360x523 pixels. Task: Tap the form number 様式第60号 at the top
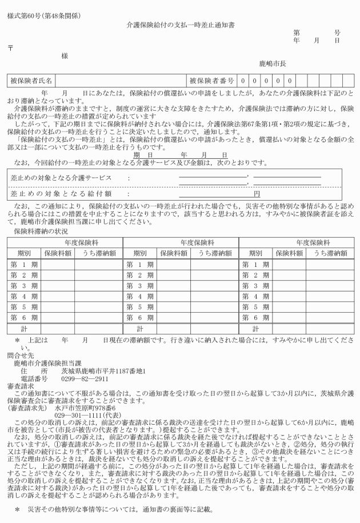click(x=23, y=14)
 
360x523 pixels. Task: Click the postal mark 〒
click(x=10, y=47)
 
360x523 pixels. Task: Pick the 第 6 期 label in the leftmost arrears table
click(x=23, y=317)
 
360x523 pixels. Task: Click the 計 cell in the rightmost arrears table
click(x=255, y=329)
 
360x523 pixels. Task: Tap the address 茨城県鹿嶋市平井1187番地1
click(x=105, y=370)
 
